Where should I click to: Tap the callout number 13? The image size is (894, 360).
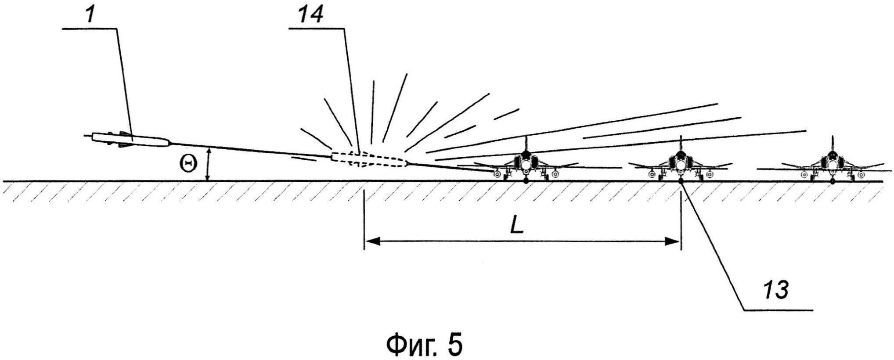(775, 290)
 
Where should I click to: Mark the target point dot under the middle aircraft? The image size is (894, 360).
(681, 181)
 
